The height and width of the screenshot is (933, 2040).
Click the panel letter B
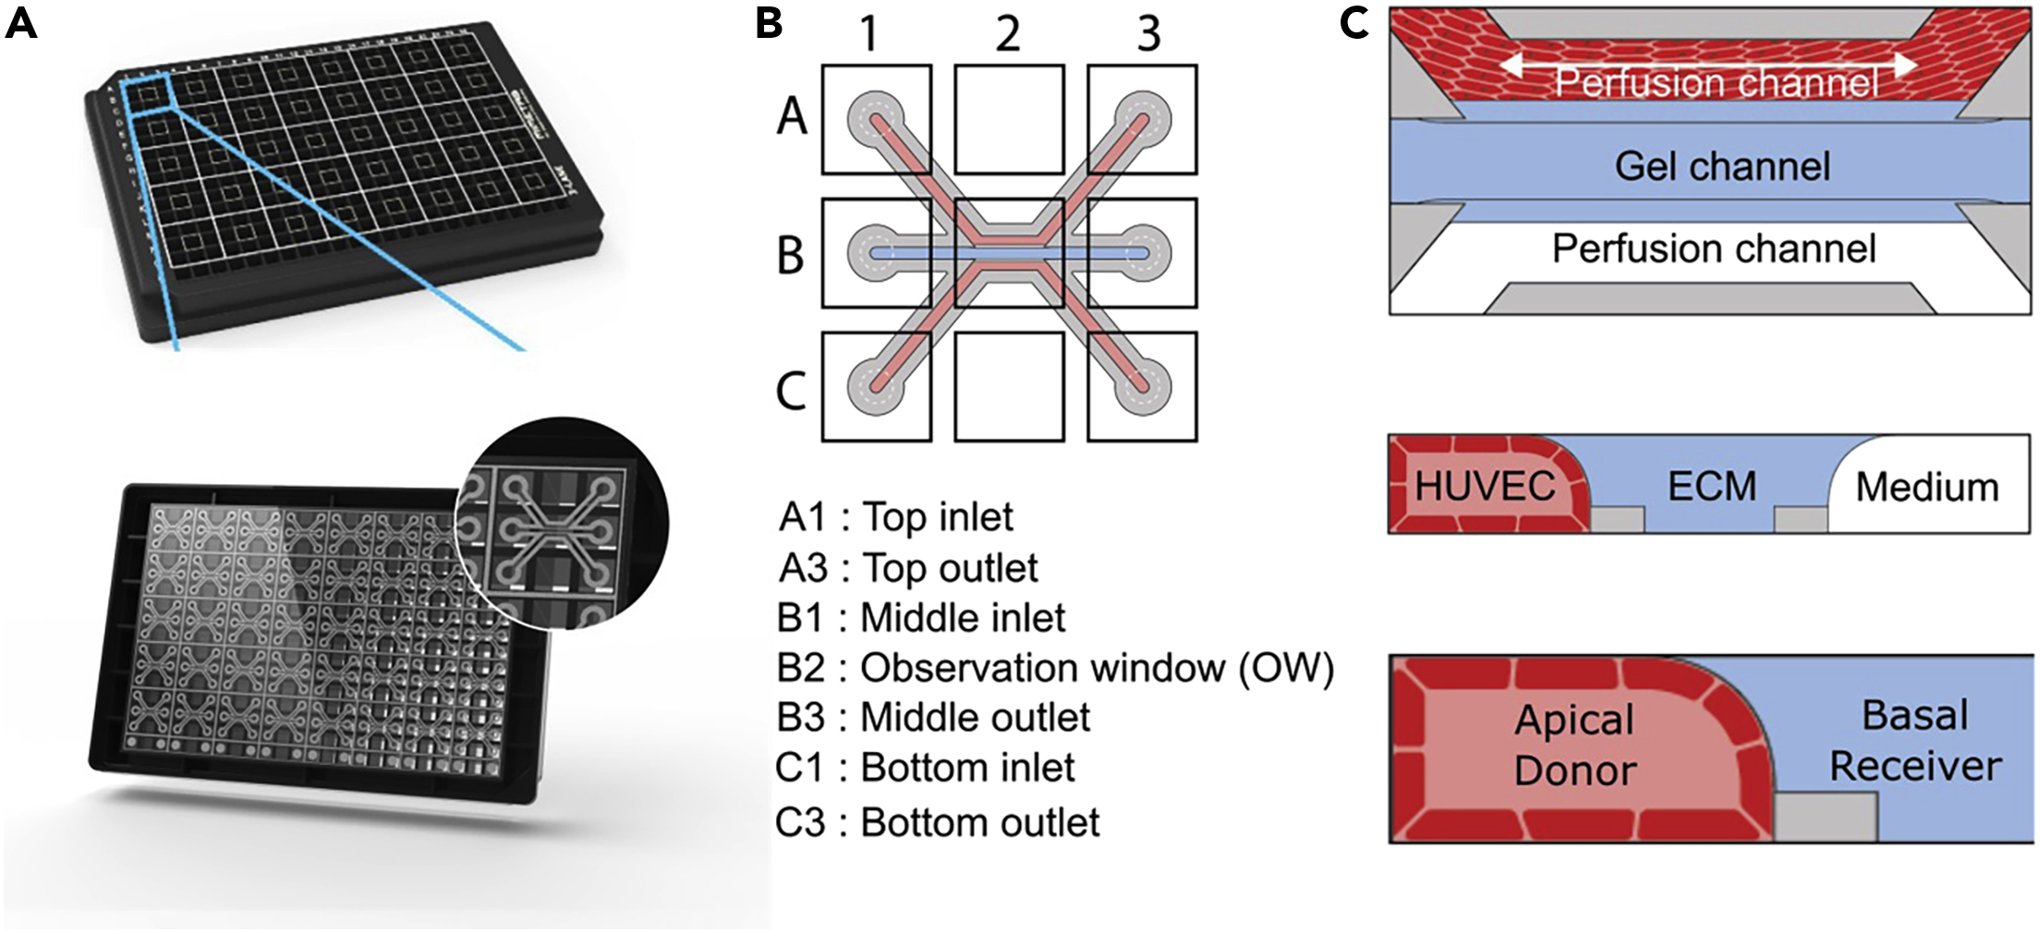click(x=769, y=22)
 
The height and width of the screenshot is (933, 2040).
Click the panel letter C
click(x=1354, y=22)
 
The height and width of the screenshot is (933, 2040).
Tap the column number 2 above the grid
click(x=1008, y=34)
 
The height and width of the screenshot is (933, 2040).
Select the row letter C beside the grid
click(x=791, y=391)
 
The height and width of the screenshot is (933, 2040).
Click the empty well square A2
click(x=1009, y=119)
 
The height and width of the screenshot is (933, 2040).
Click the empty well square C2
click(x=1009, y=387)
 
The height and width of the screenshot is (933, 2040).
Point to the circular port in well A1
click(x=875, y=118)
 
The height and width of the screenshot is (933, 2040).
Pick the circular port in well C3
click(x=1144, y=385)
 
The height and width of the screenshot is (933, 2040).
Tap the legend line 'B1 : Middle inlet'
click(x=921, y=618)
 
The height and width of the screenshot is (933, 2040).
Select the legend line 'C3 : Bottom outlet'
click(x=937, y=822)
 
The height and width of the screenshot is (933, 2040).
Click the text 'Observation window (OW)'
click(x=1097, y=668)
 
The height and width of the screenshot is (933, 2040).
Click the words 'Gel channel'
click(x=1721, y=166)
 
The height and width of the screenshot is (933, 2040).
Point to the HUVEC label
click(x=1484, y=486)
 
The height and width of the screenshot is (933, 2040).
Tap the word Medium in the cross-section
click(x=1926, y=487)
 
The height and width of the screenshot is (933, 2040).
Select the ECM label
click(x=1711, y=486)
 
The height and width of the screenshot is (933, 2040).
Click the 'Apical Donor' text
click(x=1575, y=745)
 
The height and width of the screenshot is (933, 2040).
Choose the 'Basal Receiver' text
click(x=1915, y=740)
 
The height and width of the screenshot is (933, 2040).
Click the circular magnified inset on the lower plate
click(x=561, y=524)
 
